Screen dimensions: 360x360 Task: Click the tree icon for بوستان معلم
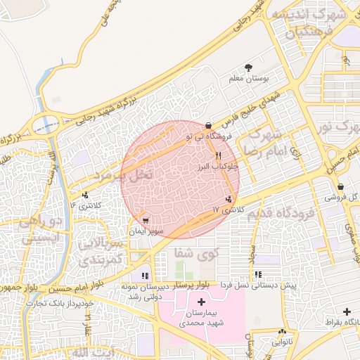click(x=250, y=67)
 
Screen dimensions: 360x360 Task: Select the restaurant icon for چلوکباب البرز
click(x=219, y=156)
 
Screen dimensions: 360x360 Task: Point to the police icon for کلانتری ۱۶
click(x=86, y=195)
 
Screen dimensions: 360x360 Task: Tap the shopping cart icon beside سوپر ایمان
click(x=146, y=219)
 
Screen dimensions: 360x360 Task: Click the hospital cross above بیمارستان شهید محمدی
click(x=201, y=302)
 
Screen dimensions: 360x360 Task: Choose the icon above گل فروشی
click(x=341, y=187)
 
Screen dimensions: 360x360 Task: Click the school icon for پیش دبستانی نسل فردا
click(x=258, y=275)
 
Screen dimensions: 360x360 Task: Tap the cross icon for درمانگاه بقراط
click(x=347, y=311)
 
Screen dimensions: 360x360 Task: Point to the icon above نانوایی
click(x=282, y=331)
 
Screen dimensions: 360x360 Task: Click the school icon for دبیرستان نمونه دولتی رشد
click(x=145, y=276)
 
